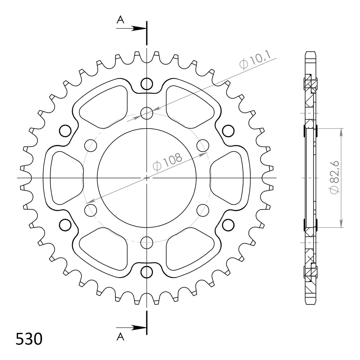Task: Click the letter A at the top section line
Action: [121, 20]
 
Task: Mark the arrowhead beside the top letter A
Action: [139, 28]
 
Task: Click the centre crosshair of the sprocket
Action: [147, 178]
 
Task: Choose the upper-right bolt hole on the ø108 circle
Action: [203, 145]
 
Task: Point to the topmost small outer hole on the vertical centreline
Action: [147, 83]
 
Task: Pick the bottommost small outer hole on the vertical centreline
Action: [147, 271]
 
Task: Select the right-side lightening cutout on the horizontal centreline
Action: [227, 178]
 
